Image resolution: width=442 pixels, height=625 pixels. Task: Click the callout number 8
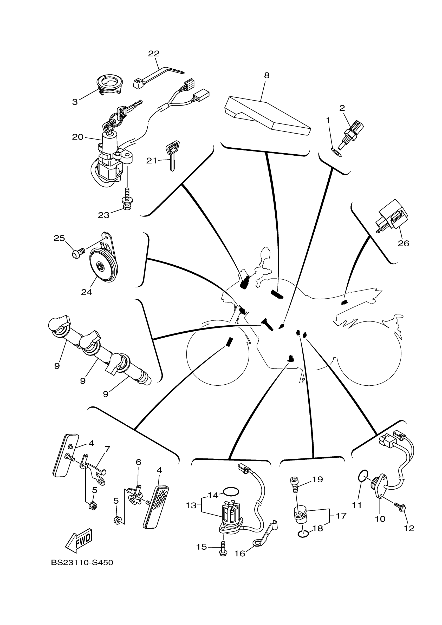point(266,75)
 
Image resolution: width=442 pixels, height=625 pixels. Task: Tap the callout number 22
point(154,54)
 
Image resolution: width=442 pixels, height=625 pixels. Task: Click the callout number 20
point(78,137)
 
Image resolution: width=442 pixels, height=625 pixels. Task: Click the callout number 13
point(191,505)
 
